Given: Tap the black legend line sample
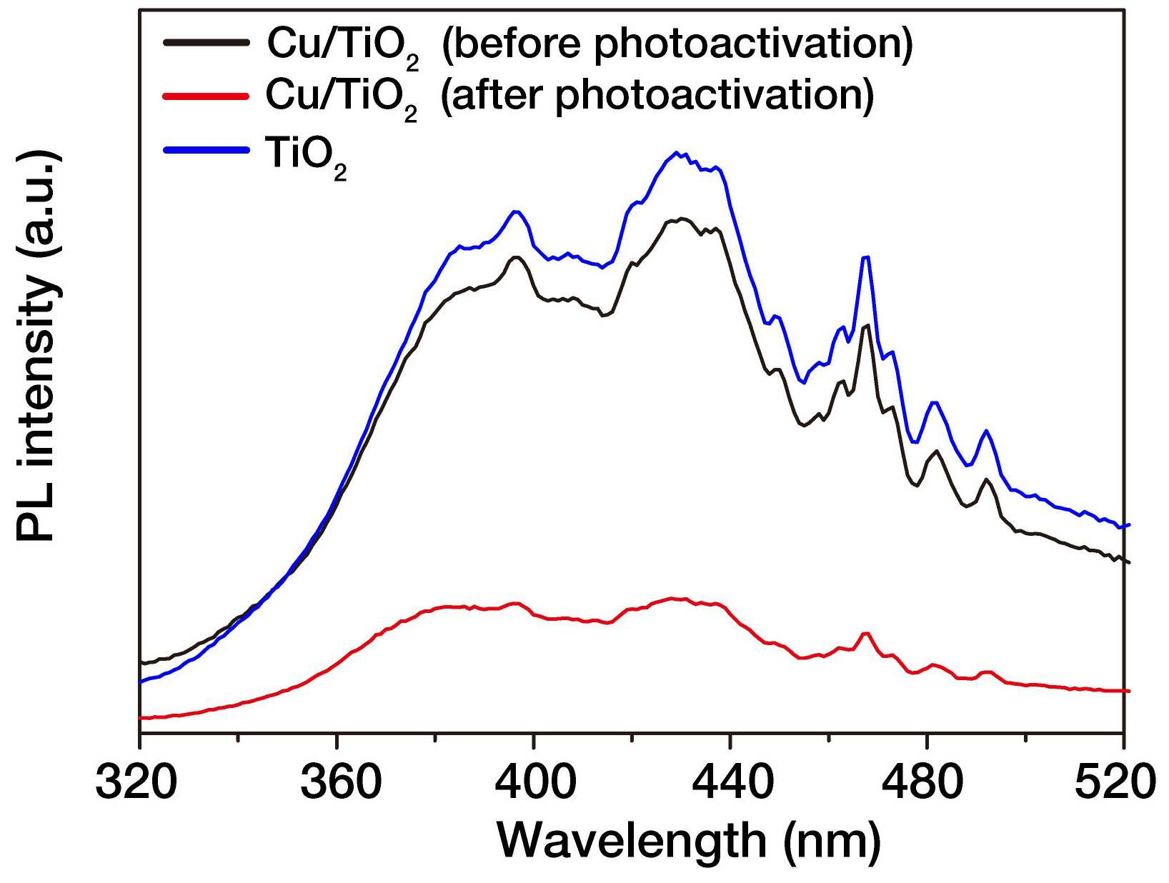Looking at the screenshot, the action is coord(207,41).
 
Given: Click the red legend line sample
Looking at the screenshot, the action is coord(207,96).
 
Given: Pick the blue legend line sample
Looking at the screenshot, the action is coord(207,151).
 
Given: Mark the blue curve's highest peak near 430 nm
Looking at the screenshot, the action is coord(677,152).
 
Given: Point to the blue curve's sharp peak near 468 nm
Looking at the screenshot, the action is coord(866,257).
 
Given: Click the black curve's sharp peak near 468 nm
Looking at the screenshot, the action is coord(866,324).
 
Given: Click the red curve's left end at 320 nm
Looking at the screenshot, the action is coord(140,718).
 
